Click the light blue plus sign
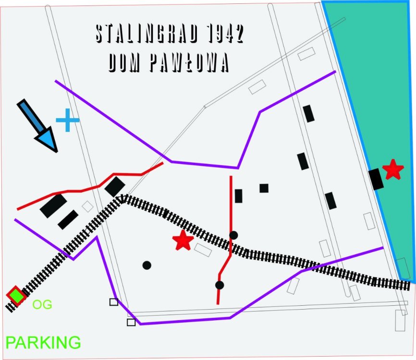click(x=67, y=120)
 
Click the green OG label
click(x=42, y=304)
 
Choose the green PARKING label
click(x=43, y=343)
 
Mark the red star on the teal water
click(x=393, y=169)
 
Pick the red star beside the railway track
click(x=183, y=240)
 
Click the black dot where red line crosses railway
click(x=233, y=235)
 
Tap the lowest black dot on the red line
click(x=220, y=285)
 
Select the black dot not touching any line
click(x=147, y=265)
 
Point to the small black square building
click(x=264, y=188)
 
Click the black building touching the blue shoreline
click(x=376, y=179)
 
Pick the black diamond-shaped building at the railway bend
click(x=115, y=186)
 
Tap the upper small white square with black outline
click(x=114, y=302)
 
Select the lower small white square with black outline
click(x=131, y=322)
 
